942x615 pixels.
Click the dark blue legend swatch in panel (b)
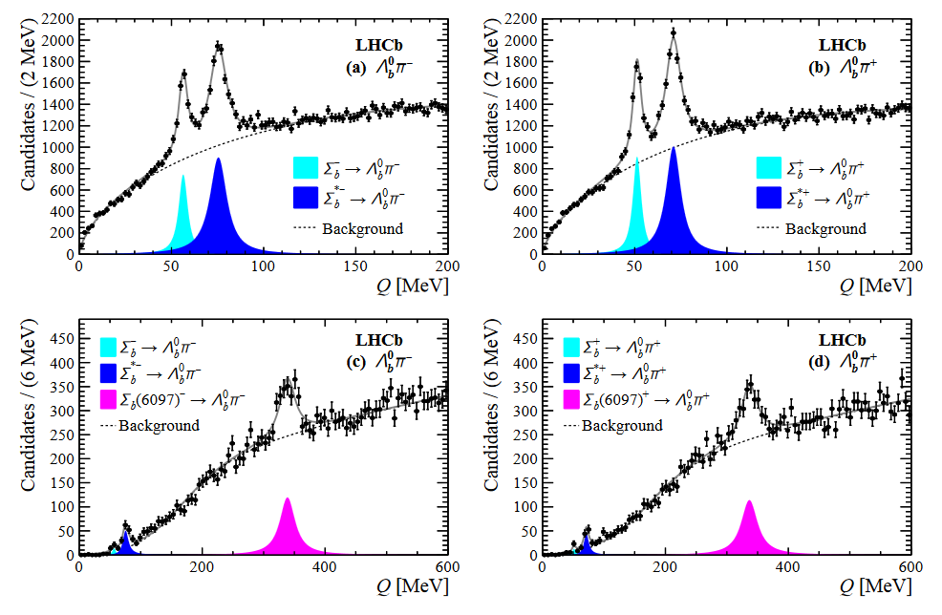click(x=770, y=198)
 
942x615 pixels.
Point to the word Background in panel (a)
click(x=362, y=228)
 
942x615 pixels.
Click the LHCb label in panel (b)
click(x=842, y=44)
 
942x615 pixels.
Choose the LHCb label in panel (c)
click(x=378, y=340)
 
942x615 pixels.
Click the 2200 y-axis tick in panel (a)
click(x=55, y=20)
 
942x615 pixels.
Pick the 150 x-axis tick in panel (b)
click(x=819, y=265)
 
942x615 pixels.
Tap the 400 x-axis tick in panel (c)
click(x=325, y=565)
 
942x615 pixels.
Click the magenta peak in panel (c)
click(x=288, y=530)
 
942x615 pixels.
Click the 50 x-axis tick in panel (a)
click(x=170, y=265)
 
